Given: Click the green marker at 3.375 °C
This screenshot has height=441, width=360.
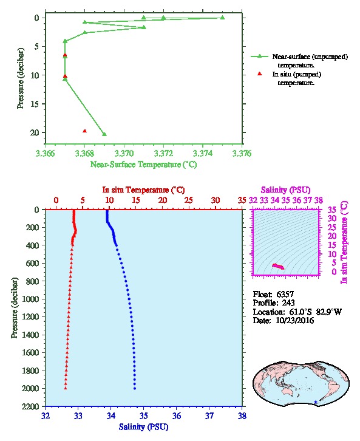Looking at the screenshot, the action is (x=222, y=18).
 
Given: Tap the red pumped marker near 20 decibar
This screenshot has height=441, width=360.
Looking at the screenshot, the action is (x=84, y=131).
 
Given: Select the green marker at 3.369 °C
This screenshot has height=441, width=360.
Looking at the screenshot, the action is (x=104, y=134).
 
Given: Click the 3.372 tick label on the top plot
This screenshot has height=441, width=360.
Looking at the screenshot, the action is (x=163, y=153).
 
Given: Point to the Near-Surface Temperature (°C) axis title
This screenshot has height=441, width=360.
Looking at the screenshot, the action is (x=143, y=164).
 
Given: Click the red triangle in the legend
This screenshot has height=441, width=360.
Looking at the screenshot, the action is (x=259, y=73).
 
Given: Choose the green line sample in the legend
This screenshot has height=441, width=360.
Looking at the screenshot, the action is (x=259, y=56).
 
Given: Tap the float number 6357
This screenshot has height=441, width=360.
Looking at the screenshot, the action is (x=285, y=294).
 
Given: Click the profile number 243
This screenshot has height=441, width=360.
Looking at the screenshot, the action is (x=288, y=303).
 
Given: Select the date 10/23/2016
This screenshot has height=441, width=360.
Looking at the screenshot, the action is (x=295, y=320).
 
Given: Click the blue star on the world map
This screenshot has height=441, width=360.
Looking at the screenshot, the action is (x=316, y=402).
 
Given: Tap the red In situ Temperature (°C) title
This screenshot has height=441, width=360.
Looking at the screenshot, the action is (x=143, y=190).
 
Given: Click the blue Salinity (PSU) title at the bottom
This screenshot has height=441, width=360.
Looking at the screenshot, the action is (x=143, y=426).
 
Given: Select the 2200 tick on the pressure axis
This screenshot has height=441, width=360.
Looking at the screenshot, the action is (x=30, y=406).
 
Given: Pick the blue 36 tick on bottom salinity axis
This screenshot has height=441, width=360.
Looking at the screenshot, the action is (x=177, y=415).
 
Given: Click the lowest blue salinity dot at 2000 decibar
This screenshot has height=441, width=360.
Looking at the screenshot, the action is (x=135, y=388).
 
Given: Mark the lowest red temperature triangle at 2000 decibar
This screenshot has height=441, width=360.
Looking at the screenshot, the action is (x=66, y=388).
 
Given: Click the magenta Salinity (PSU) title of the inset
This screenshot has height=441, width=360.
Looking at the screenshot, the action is (x=285, y=190).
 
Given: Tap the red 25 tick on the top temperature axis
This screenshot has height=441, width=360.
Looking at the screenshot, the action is (x=189, y=200).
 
